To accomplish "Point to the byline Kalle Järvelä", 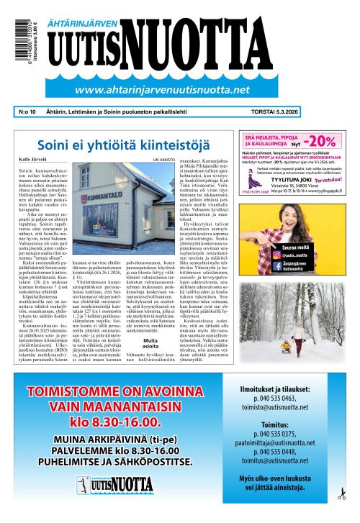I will click(33, 158).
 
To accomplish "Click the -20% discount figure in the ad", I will click(324, 139).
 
